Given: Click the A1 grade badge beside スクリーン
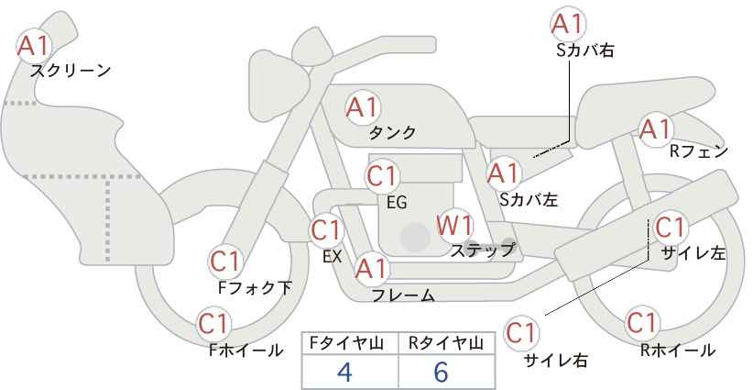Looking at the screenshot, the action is tap(34, 46).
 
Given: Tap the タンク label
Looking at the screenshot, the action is tap(392, 132).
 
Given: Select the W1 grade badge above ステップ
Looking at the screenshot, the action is tap(454, 225).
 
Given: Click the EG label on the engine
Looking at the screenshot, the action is tap(397, 203).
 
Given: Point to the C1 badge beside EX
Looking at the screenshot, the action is tap(326, 230).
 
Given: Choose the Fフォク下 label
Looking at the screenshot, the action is tap(255, 287).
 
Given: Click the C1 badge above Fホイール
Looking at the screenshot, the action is tap(213, 323).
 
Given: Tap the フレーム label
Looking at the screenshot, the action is tap(403, 295).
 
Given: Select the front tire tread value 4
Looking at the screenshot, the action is tap(344, 372).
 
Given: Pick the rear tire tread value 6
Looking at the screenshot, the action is tap(441, 372).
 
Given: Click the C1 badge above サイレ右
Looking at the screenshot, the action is tap(521, 333).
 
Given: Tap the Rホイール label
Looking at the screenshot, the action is tap(678, 351).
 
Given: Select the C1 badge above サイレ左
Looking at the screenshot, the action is tap(670, 227).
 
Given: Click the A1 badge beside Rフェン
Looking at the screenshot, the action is tap(656, 129).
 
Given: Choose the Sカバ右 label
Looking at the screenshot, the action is tap(585, 50).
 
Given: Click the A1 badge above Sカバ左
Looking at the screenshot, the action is tap(503, 173).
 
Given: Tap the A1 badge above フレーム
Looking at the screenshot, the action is tap(371, 269).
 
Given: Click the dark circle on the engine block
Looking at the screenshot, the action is tap(415, 237).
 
